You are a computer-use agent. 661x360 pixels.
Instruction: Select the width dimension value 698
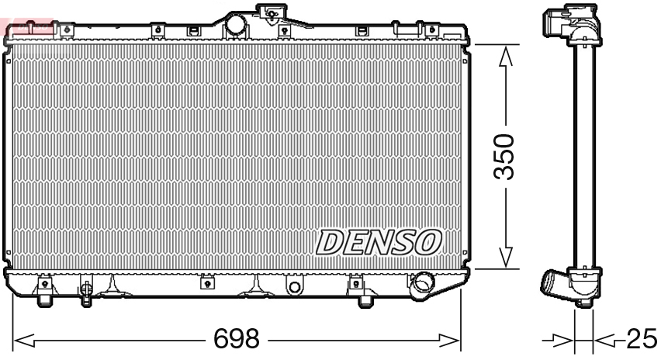pyautogui.click(x=237, y=340)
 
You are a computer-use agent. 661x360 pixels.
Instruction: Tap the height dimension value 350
pyautogui.click(x=505, y=156)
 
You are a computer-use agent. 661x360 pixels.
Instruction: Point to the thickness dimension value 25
pyautogui.click(x=641, y=339)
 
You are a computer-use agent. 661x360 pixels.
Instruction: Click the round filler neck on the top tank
pyautogui.click(x=235, y=26)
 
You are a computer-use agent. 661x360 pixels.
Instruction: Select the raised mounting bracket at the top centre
pyautogui.click(x=270, y=13)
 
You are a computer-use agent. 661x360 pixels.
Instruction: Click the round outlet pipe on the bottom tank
pyautogui.click(x=424, y=282)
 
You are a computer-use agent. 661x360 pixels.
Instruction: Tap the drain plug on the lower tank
pyautogui.click(x=85, y=292)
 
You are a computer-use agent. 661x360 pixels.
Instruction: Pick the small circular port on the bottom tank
pyautogui.click(x=294, y=288)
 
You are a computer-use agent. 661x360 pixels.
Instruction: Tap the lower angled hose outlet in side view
pyautogui.click(x=555, y=284)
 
